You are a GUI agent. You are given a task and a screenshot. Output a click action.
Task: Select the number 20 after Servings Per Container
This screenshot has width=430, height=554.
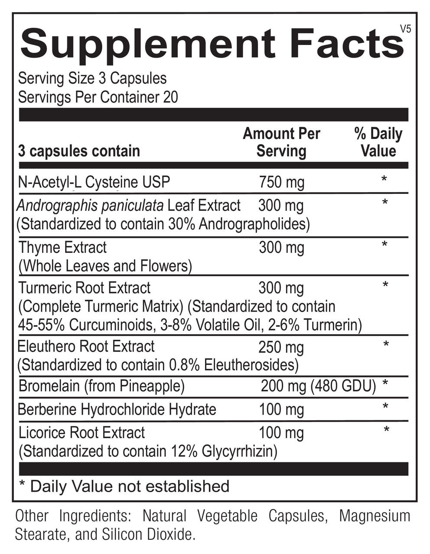click(170, 97)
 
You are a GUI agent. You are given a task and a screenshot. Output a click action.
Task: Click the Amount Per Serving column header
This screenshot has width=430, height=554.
click(281, 142)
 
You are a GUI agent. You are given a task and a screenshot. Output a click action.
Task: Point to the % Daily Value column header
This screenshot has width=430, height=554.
click(378, 142)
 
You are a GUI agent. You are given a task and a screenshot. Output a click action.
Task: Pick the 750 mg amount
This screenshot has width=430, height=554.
click(281, 182)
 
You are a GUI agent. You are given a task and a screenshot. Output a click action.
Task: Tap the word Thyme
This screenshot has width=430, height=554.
click(39, 248)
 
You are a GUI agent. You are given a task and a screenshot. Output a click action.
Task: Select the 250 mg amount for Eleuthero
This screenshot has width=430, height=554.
click(281, 347)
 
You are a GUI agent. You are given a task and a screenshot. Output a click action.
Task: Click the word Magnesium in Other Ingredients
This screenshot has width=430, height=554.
click(374, 516)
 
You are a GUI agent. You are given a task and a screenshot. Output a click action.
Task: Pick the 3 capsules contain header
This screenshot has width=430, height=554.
click(79, 151)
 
